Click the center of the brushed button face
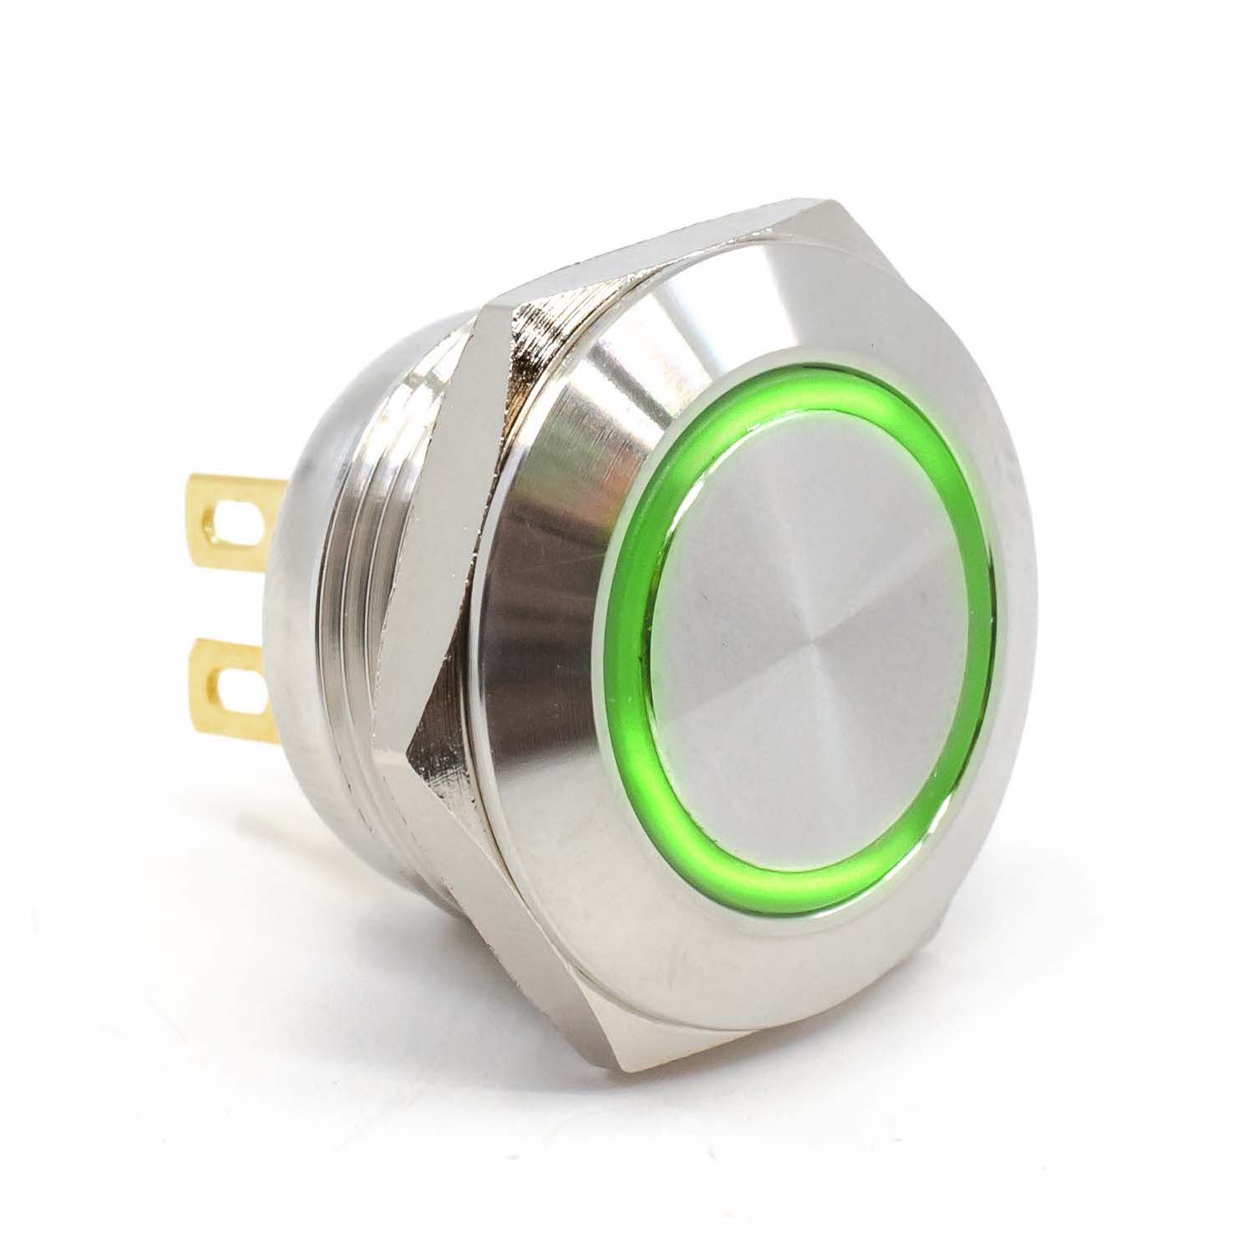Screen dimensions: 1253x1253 [806, 635]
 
